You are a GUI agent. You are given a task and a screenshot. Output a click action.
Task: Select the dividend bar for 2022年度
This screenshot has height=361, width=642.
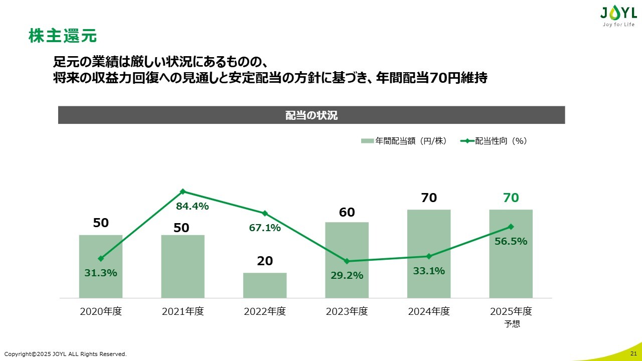[x=265, y=285]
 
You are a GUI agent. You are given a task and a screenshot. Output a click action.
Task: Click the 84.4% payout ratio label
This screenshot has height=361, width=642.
[x=192, y=206]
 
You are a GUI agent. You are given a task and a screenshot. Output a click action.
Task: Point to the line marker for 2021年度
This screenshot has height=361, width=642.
[x=183, y=191]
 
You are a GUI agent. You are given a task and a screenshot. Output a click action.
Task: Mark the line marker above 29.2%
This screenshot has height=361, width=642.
[x=347, y=261]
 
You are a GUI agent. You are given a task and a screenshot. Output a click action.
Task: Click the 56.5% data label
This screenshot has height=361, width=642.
[x=511, y=241]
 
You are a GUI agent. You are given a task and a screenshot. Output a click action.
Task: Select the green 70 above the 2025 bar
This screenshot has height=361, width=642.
[x=511, y=198]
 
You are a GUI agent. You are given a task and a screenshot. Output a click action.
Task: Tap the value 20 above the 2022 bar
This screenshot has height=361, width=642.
[x=265, y=261]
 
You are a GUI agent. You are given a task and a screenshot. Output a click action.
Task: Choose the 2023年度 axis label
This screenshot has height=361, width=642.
[x=347, y=311]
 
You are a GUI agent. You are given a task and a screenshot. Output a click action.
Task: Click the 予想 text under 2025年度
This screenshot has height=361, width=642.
[x=512, y=324]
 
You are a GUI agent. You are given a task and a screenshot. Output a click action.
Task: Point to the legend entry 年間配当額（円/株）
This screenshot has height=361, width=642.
[x=404, y=141]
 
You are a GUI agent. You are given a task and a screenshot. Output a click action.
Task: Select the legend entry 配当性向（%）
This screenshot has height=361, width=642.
[x=494, y=141]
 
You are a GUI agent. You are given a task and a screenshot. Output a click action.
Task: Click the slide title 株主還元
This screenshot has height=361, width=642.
[x=63, y=36]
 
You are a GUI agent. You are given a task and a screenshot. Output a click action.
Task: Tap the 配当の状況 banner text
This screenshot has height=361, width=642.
[x=311, y=115]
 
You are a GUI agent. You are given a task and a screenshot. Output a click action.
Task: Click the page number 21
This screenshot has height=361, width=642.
[x=633, y=354]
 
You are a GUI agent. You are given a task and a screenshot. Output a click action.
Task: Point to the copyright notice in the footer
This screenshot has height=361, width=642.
[x=66, y=354]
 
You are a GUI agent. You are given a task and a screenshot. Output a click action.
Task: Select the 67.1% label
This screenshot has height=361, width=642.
[x=265, y=228]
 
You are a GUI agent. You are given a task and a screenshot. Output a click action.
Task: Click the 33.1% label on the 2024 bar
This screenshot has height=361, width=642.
[x=429, y=271]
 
